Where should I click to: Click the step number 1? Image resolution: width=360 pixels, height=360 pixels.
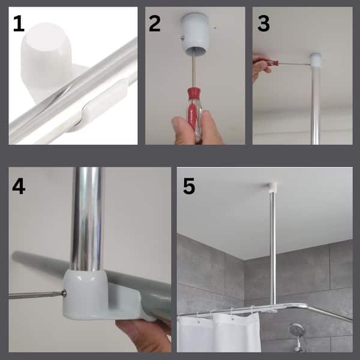(x=19, y=23)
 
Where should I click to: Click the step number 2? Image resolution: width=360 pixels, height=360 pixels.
(x=155, y=23)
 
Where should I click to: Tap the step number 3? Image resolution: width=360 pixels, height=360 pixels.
(x=263, y=23)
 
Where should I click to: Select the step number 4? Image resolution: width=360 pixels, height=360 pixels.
(x=19, y=187)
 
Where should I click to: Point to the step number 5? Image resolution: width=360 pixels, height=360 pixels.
(x=189, y=186)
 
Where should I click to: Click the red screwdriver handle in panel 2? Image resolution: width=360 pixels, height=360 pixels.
(x=194, y=110)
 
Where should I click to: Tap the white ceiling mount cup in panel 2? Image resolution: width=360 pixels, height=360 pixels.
(x=196, y=31)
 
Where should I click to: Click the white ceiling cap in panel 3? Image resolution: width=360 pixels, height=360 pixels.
(x=316, y=60)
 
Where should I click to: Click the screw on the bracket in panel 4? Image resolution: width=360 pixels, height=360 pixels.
(x=64, y=293)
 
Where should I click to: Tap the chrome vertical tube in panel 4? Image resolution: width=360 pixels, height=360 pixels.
(x=86, y=218)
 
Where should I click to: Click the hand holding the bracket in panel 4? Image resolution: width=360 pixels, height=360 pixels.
(x=145, y=335)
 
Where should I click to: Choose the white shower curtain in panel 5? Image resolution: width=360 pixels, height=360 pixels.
(x=219, y=334)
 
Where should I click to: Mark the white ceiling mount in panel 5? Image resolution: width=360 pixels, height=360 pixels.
(x=273, y=187)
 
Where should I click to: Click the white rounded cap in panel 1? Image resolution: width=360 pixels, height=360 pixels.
(x=46, y=59)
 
